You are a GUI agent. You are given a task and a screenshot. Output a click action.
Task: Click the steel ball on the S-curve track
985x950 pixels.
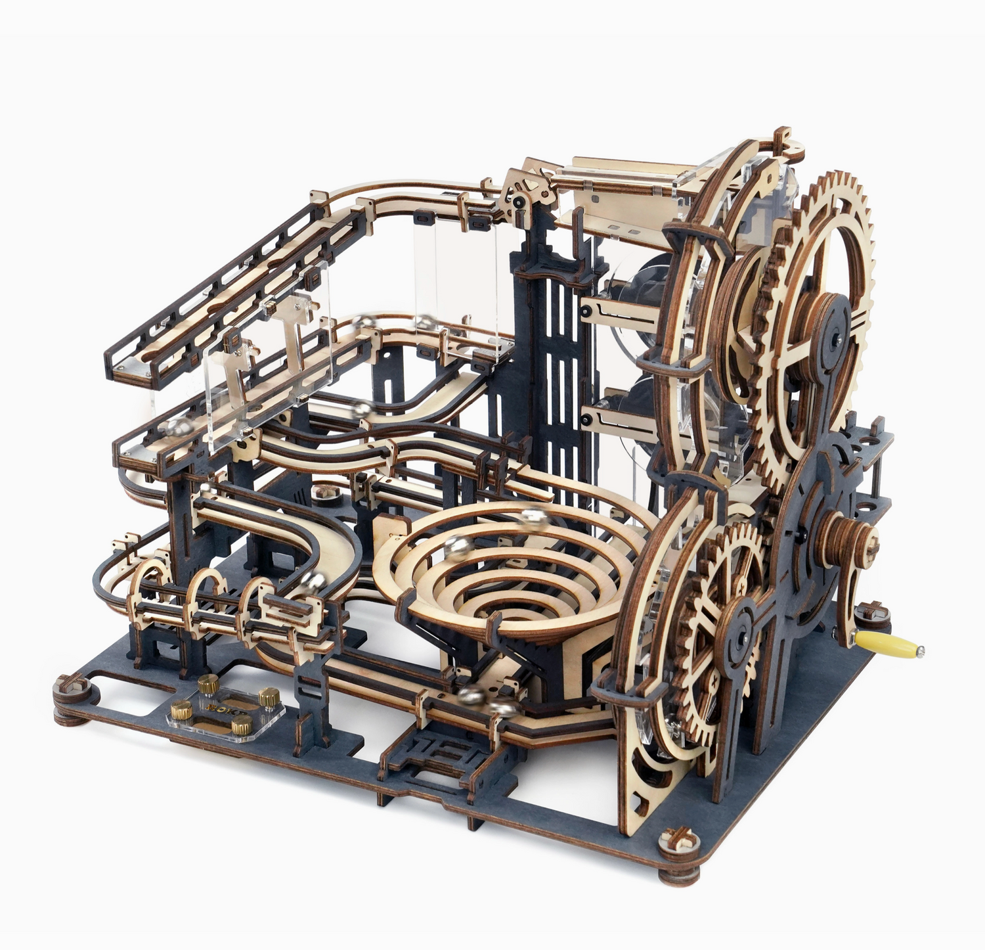[x=360, y=409]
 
